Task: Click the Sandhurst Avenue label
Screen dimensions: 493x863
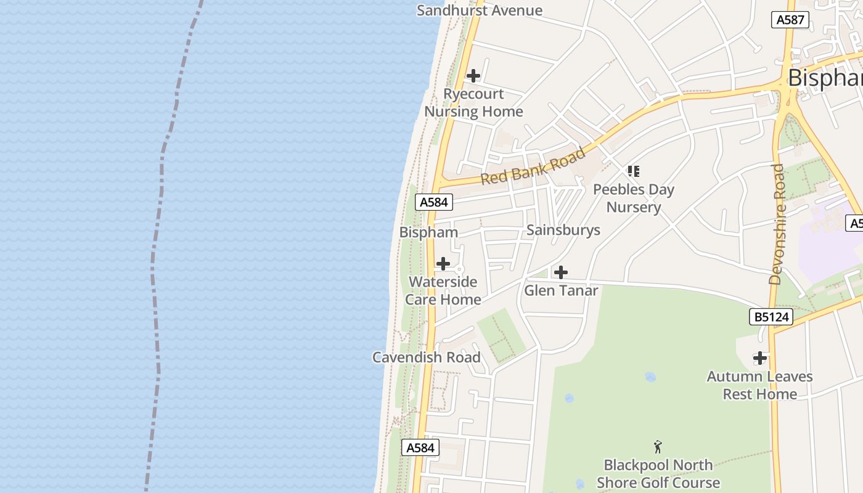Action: tap(480, 10)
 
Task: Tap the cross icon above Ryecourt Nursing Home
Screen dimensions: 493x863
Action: tap(473, 76)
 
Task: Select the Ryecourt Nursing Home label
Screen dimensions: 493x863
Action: tap(473, 103)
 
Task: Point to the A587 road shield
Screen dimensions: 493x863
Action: tap(790, 20)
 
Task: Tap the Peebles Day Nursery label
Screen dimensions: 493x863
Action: tap(634, 198)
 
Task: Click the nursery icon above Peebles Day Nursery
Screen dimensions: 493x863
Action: tap(634, 171)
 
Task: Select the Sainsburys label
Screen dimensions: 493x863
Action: tap(563, 230)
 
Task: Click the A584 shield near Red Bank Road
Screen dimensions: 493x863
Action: tap(434, 202)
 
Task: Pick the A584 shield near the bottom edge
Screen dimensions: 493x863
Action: tap(420, 447)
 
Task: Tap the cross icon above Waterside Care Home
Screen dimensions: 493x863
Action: tap(443, 264)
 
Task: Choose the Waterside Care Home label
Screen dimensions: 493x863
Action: tap(443, 291)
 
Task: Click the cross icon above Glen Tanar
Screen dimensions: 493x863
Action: tap(561, 272)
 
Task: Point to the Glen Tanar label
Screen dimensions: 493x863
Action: tap(561, 290)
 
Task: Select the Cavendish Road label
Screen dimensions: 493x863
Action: tap(427, 357)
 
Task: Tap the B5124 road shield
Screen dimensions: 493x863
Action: tap(771, 317)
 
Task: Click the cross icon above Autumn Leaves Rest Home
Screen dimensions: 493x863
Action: tap(760, 357)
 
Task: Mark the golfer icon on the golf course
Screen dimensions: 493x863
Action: tap(658, 447)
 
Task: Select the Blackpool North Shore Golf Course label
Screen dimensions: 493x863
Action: tap(658, 474)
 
